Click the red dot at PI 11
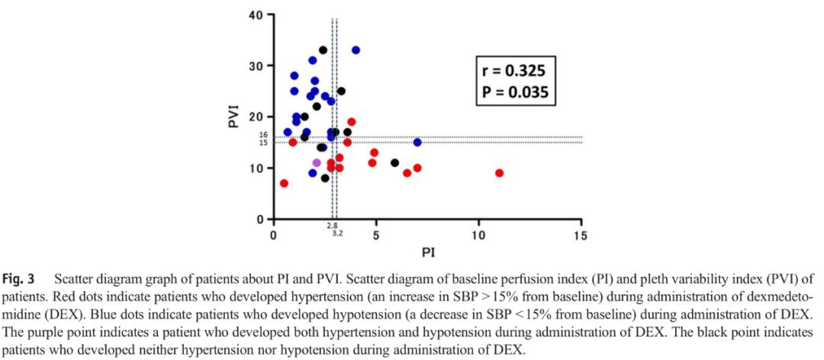point(499,173)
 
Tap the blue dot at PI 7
point(417,143)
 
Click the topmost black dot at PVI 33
point(323,50)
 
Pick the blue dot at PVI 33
point(356,50)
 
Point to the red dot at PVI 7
point(284,183)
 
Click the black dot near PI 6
point(394,162)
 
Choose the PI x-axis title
point(427,252)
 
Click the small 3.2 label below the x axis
point(337,233)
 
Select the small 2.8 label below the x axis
point(331,226)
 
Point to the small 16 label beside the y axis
point(263,135)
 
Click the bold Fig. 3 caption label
point(20,278)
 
